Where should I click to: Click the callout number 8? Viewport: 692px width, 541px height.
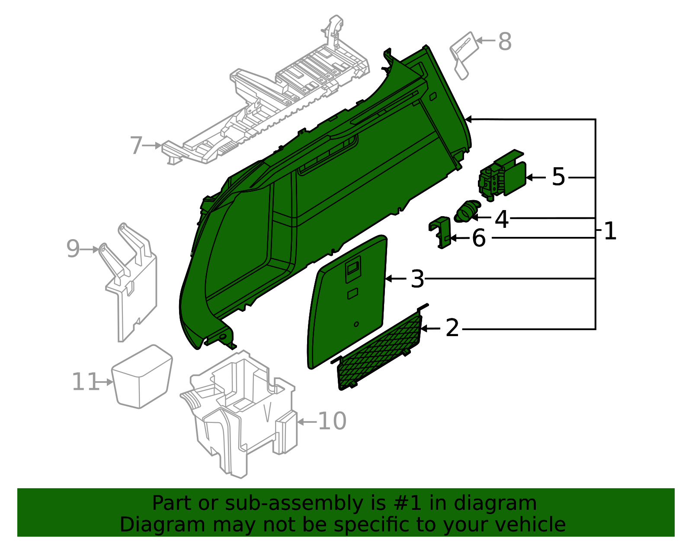point(505,42)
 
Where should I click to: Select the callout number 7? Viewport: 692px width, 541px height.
point(136,146)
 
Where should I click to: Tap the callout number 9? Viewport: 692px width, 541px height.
point(73,249)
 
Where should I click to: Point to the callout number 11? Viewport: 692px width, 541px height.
point(85,382)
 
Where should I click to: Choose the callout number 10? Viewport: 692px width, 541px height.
point(332,421)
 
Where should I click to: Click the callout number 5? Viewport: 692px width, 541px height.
point(558,177)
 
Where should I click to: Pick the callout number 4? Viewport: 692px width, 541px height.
point(502,219)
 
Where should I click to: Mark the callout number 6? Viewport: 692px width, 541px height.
point(479,238)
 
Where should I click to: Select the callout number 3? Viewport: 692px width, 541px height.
point(417,279)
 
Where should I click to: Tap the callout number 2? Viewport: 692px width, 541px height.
point(452,328)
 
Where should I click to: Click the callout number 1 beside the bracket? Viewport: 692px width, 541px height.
point(610,231)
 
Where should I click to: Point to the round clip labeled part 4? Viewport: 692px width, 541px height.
point(467,211)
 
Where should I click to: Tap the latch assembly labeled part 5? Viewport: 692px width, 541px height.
point(502,175)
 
